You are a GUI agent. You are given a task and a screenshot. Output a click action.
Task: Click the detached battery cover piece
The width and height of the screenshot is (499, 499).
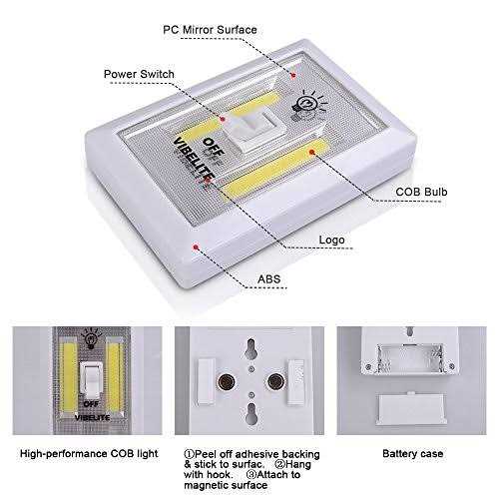coord(409,404)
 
